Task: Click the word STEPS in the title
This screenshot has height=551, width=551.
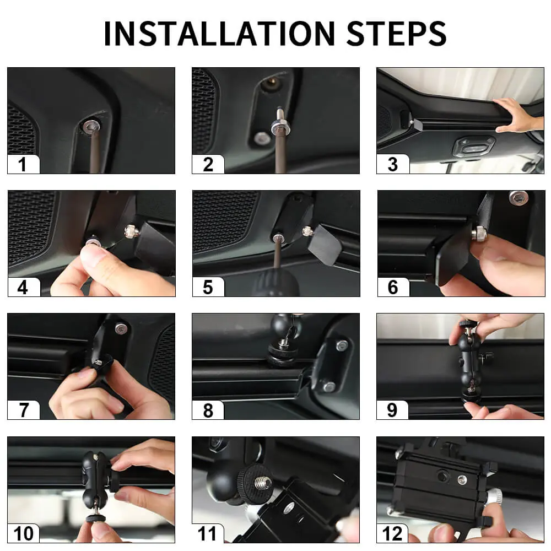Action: pyautogui.click(x=396, y=34)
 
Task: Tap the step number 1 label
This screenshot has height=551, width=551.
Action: pyautogui.click(x=23, y=164)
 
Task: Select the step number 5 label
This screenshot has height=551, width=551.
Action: pyautogui.click(x=208, y=287)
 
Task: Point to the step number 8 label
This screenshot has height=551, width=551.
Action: pyautogui.click(x=208, y=410)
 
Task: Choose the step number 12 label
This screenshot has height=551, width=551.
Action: pyautogui.click(x=392, y=534)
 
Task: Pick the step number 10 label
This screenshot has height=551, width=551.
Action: pyautogui.click(x=23, y=534)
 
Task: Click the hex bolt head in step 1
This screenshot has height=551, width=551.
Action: pyautogui.click(x=91, y=126)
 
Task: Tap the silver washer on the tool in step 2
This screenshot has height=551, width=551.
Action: pyautogui.click(x=280, y=126)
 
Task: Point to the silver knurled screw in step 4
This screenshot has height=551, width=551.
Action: pyautogui.click(x=131, y=231)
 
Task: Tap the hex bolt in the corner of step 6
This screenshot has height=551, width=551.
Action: pyautogui.click(x=518, y=197)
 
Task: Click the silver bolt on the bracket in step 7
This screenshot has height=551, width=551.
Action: pyautogui.click(x=121, y=328)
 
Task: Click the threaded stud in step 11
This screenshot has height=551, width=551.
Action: pyautogui.click(x=263, y=483)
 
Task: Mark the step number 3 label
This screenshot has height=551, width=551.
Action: pyautogui.click(x=392, y=164)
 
